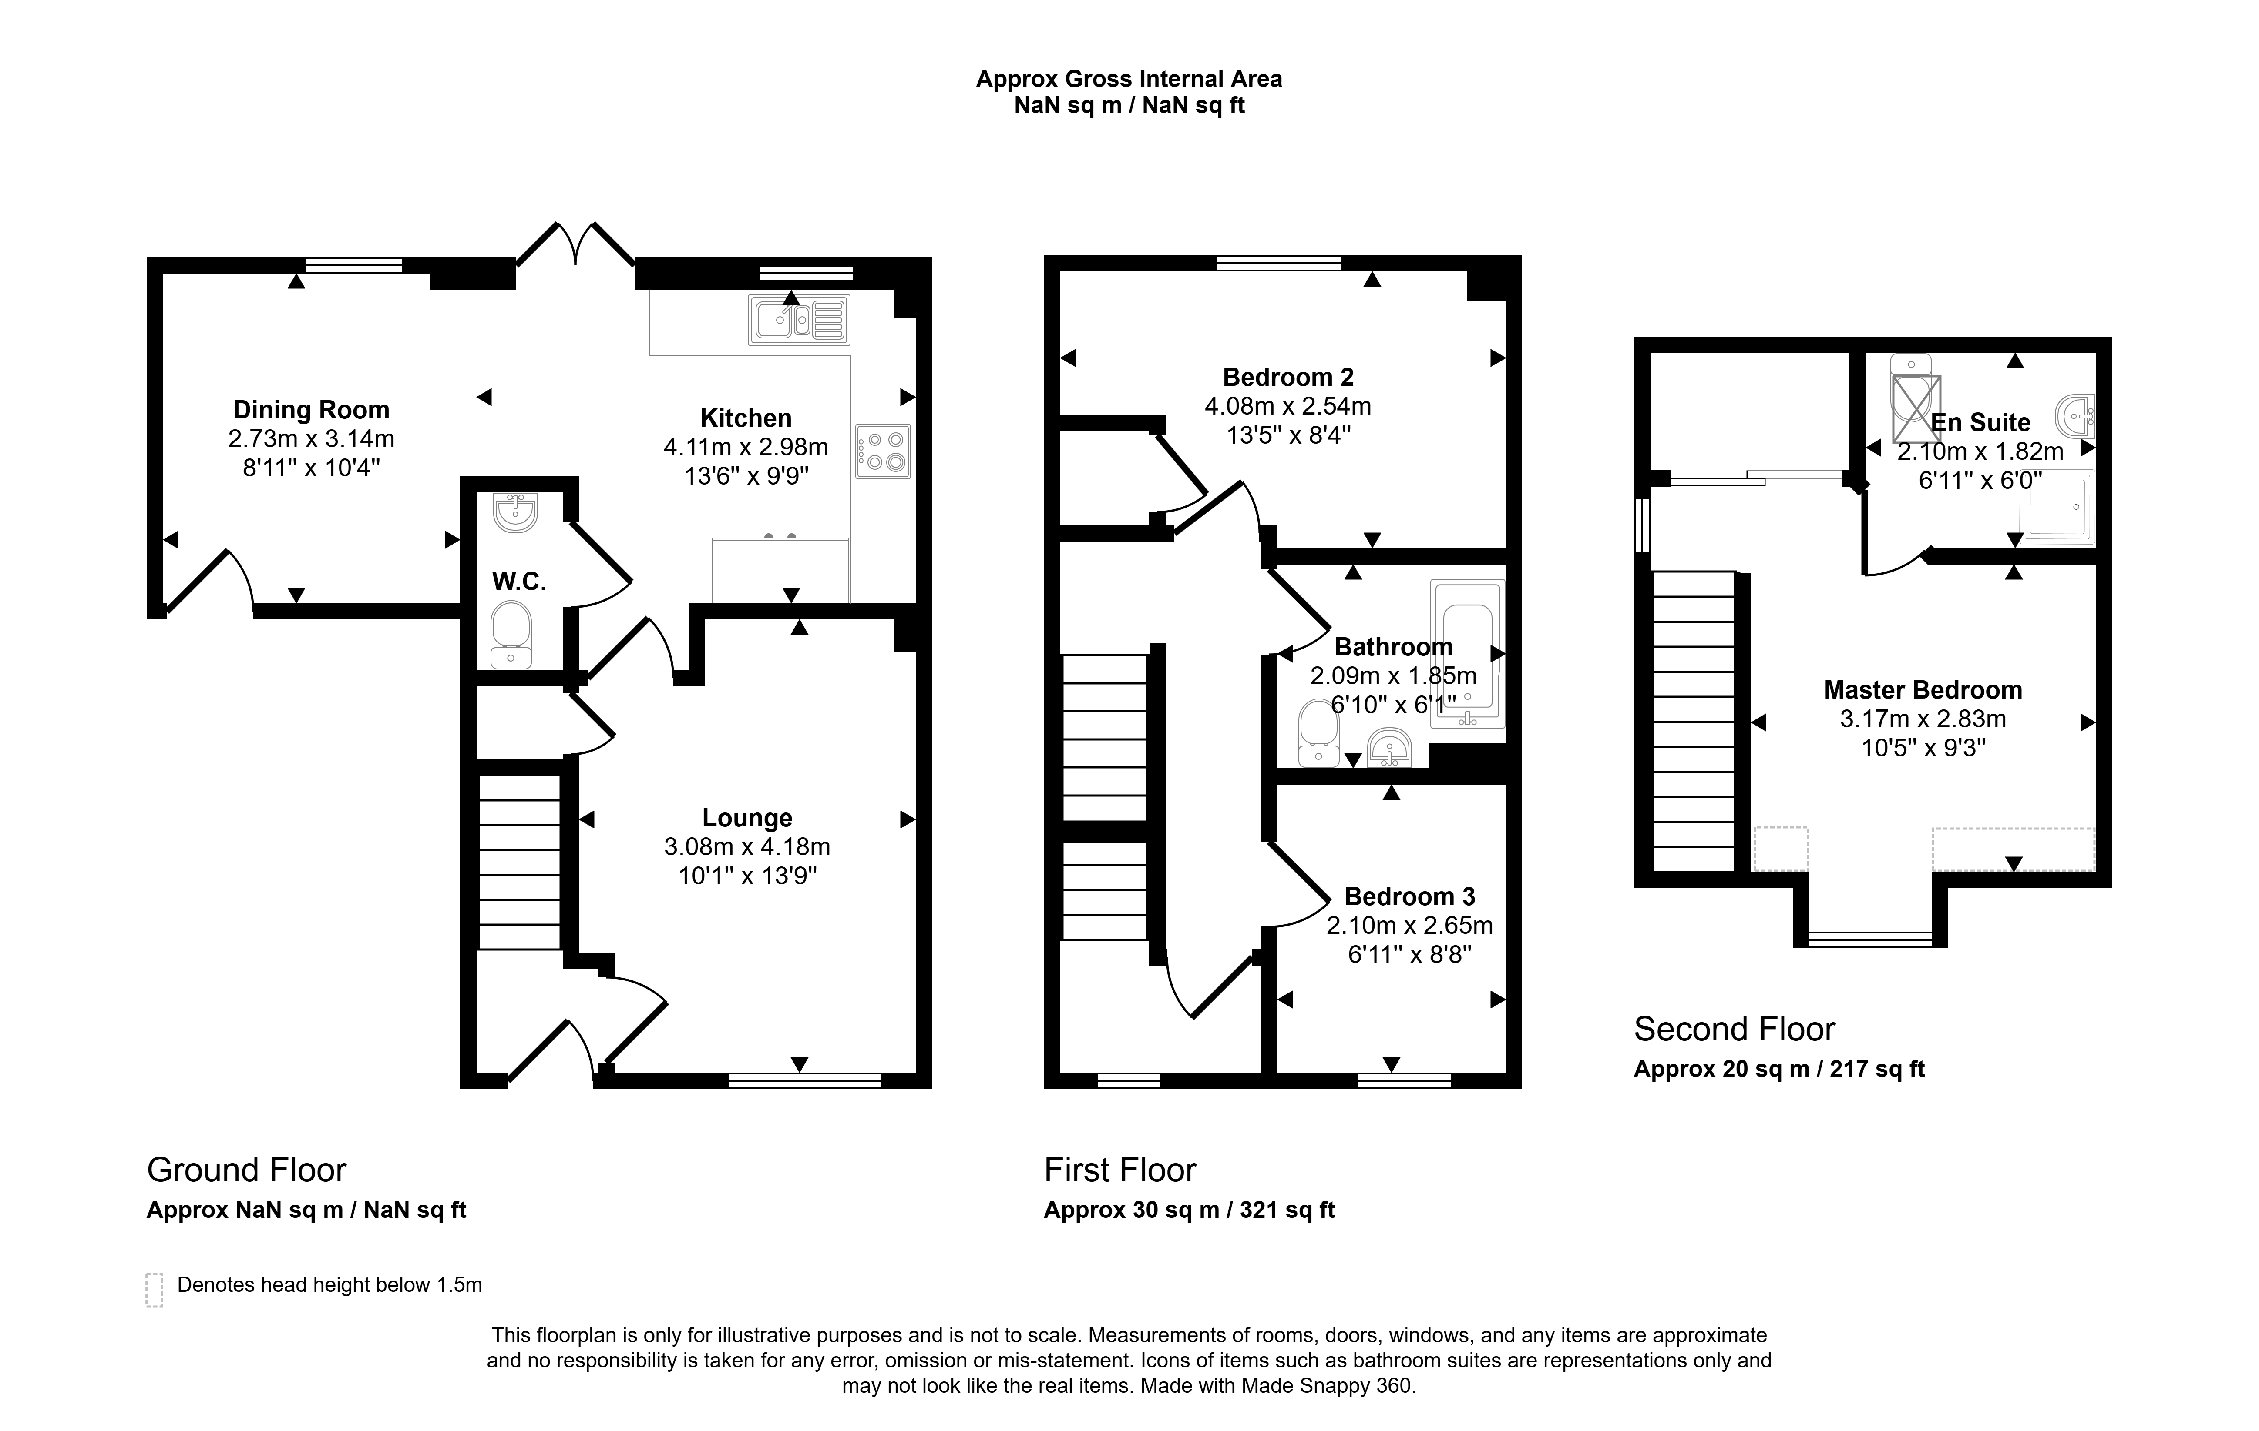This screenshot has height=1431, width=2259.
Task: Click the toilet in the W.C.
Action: (511, 635)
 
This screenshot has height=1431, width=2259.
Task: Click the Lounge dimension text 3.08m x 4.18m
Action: (747, 847)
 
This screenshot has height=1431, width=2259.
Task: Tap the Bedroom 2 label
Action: (1288, 377)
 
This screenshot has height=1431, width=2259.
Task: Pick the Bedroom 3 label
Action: (1409, 896)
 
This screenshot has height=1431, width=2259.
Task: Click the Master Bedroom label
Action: (1922, 690)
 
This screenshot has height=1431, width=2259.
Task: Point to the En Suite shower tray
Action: (2057, 507)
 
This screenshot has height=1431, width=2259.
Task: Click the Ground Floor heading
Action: (247, 1170)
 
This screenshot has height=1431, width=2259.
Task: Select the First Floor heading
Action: (1120, 1170)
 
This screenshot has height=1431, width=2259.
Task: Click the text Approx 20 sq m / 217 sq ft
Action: (1778, 1069)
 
